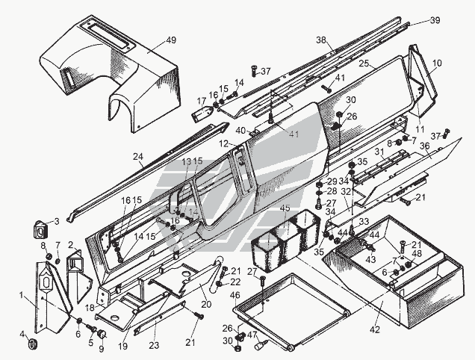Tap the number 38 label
pyautogui.click(x=322, y=40)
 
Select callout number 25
pyautogui.click(x=364, y=64)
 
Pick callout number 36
pyautogui.click(x=424, y=147)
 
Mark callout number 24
pyautogui.click(x=137, y=157)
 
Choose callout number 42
pyautogui.click(x=376, y=329)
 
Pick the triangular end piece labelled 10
pyautogui.click(x=423, y=75)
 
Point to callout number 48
pyautogui.click(x=417, y=253)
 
